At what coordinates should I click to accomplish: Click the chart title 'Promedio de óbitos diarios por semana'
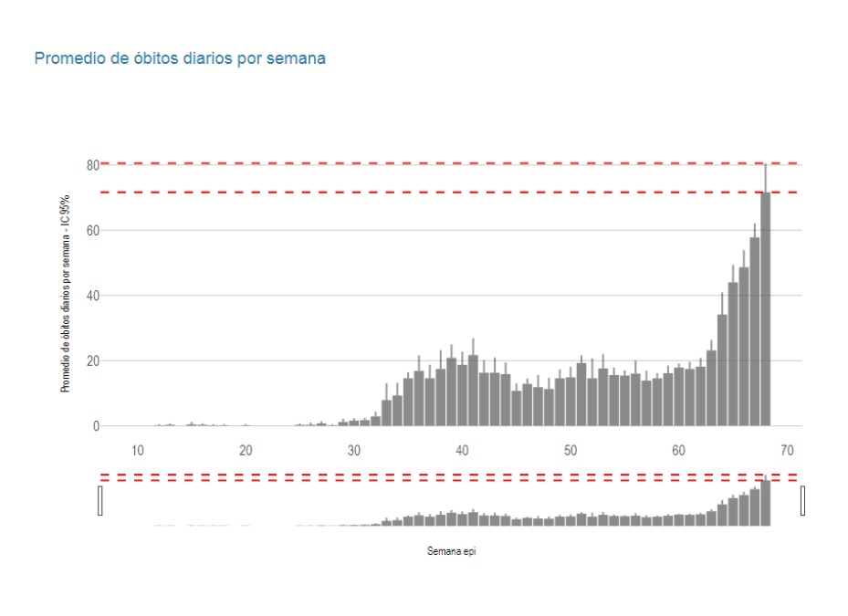pos(180,58)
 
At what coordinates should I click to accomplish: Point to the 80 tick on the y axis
pos(92,165)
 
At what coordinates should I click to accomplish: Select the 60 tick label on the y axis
pos(92,231)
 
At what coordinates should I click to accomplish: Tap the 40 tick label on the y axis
pos(92,296)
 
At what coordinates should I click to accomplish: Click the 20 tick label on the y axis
pos(92,361)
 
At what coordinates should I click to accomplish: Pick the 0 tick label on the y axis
pos(95,426)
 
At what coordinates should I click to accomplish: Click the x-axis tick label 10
pos(137,451)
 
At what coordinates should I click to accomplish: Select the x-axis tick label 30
pos(354,451)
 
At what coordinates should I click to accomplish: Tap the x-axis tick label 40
pos(462,451)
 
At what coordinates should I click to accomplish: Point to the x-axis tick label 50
pos(571,451)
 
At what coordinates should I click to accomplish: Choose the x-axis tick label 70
pos(787,451)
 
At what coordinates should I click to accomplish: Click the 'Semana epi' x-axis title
pos(451,551)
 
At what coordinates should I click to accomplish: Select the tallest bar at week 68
pos(765,310)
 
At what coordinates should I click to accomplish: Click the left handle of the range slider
pos(99,500)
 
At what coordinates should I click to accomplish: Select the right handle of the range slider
pos(803,500)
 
